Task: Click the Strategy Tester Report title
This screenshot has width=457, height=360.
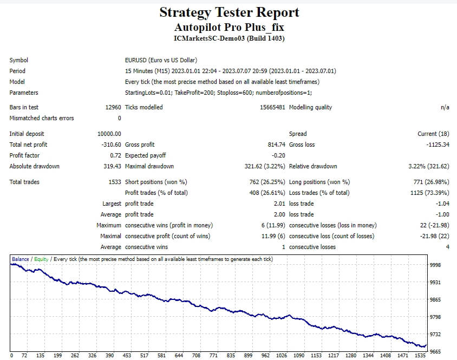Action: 229,12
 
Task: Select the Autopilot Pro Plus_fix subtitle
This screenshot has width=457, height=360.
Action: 229,27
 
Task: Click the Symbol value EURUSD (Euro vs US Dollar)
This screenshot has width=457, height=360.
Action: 161,60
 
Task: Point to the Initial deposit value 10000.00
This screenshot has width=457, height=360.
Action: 109,134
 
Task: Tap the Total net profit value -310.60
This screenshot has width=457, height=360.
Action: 112,145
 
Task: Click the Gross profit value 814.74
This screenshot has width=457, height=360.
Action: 272,145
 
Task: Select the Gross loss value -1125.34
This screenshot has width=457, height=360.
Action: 435,145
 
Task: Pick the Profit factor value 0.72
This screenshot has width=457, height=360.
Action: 115,155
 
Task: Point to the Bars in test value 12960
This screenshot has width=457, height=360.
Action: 112,107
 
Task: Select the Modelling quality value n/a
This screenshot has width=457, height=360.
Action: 445,107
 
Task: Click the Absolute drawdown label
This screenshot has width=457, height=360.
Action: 35,166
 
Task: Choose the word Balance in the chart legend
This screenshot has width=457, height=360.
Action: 21,259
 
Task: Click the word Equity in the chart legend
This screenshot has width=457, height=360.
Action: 41,259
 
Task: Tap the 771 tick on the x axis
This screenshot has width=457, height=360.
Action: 213,356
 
